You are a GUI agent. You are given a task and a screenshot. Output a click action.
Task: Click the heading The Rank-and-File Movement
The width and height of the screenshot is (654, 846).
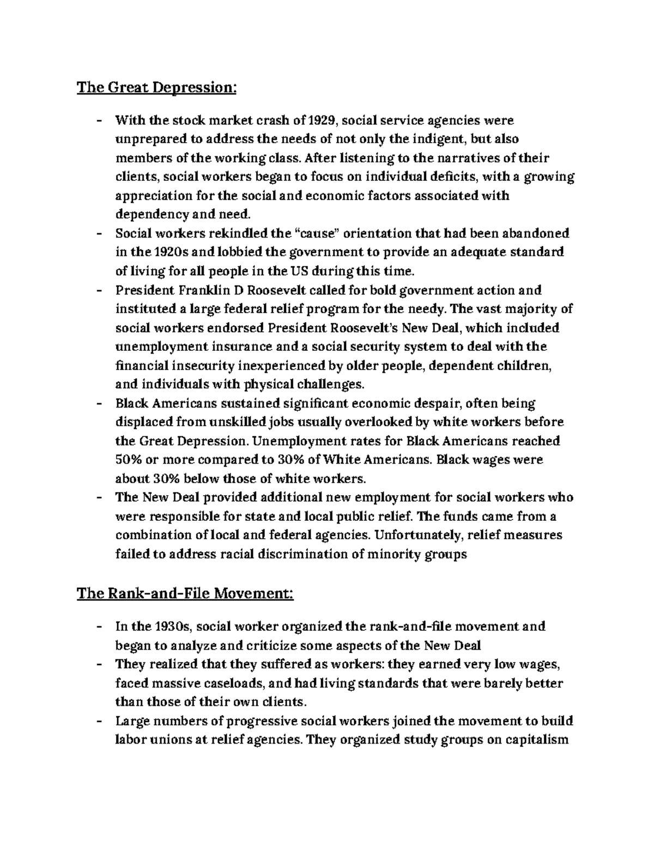[x=185, y=593]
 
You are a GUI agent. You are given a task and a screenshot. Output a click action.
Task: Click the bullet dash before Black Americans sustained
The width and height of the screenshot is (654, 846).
[x=99, y=404]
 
